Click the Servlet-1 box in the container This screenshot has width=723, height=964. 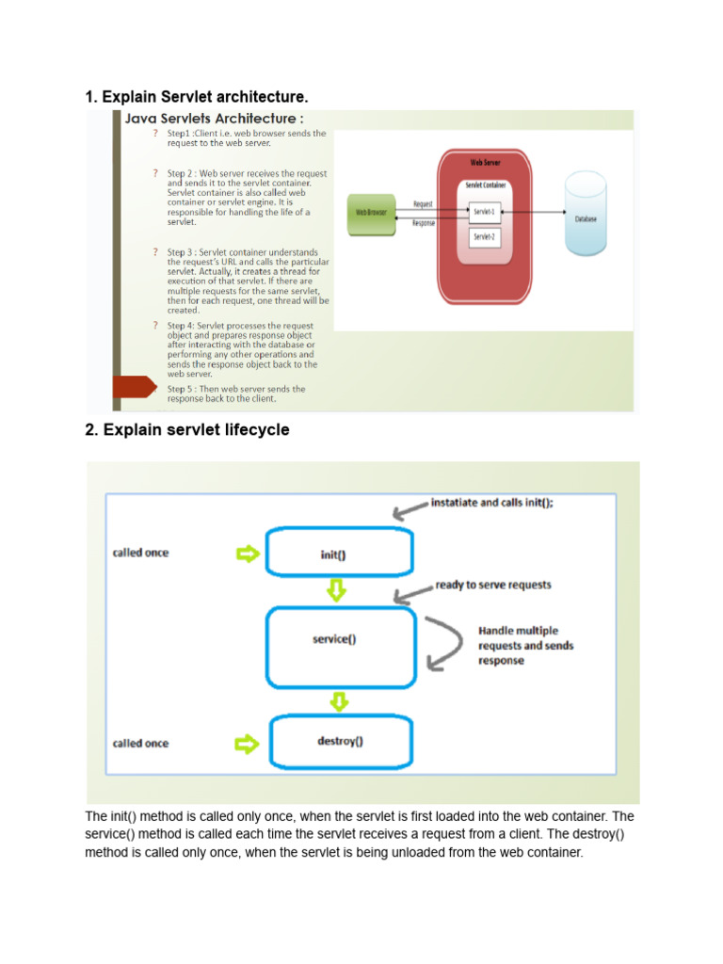click(484, 212)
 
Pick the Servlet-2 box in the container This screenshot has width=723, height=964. click(484, 236)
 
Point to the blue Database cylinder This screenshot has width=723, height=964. click(586, 217)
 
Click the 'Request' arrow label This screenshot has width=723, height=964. click(423, 203)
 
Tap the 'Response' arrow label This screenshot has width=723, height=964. click(423, 224)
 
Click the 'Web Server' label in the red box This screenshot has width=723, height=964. click(485, 162)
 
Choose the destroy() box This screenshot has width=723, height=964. click(340, 741)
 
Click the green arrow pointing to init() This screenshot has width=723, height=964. click(247, 554)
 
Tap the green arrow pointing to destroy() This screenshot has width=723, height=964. click(247, 744)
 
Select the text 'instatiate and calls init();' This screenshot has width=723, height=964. click(491, 503)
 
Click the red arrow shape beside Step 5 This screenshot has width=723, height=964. click(133, 387)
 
